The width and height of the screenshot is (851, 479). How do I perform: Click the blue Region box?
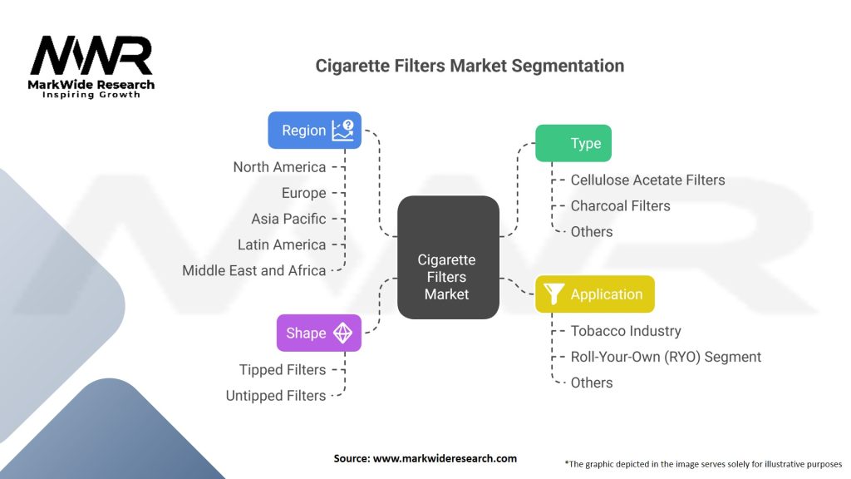click(x=315, y=131)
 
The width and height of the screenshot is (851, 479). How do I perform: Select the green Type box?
click(x=573, y=143)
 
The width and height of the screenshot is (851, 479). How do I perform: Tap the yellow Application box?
click(x=595, y=294)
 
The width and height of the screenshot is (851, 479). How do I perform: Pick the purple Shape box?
click(x=319, y=333)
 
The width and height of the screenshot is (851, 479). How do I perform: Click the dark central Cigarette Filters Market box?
click(x=448, y=258)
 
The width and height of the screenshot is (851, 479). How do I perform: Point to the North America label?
click(x=279, y=167)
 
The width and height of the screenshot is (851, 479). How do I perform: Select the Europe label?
click(x=304, y=193)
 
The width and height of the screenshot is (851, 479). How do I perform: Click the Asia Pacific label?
click(x=288, y=219)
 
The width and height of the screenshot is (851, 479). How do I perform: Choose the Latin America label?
click(x=282, y=245)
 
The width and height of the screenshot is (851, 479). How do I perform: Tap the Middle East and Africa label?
click(x=254, y=270)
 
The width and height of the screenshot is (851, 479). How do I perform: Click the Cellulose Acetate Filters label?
click(x=647, y=180)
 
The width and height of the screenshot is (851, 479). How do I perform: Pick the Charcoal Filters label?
click(x=620, y=206)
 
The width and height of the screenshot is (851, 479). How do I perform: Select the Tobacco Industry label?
click(x=626, y=331)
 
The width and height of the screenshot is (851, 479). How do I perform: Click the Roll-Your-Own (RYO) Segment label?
click(x=666, y=357)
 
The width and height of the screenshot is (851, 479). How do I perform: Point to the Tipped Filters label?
click(x=283, y=370)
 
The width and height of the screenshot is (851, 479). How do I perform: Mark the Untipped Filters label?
click(x=276, y=396)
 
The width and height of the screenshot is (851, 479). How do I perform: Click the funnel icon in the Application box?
click(x=553, y=294)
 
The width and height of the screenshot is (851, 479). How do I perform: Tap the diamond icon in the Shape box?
click(x=342, y=333)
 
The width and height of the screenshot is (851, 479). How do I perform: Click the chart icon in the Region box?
click(x=343, y=131)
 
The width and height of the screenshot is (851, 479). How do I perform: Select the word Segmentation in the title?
click(x=568, y=67)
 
